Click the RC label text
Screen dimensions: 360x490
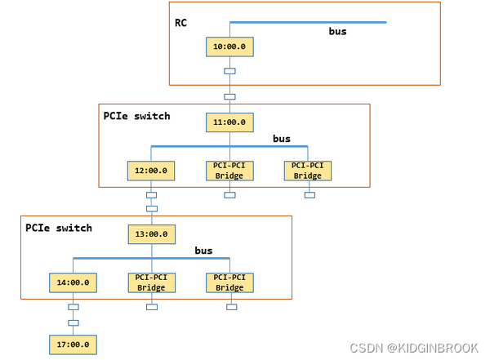[181, 22]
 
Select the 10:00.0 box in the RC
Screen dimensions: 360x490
[229, 47]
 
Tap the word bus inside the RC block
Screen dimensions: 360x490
[337, 32]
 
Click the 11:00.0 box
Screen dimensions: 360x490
[229, 122]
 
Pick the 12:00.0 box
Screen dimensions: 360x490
[151, 171]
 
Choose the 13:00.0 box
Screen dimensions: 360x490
[152, 234]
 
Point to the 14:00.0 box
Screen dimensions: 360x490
[73, 282]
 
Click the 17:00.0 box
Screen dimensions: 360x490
[73, 345]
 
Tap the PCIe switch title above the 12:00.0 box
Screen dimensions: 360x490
[136, 116]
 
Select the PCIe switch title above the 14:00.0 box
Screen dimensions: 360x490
[59, 228]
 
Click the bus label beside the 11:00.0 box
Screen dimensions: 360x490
[282, 139]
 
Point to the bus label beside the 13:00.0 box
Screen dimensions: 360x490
[203, 251]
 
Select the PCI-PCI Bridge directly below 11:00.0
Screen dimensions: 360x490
[229, 171]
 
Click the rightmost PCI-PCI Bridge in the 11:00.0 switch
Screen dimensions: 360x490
[308, 171]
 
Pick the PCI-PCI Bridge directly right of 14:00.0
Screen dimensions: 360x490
[151, 282]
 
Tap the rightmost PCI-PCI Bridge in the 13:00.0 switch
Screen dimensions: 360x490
[229, 282]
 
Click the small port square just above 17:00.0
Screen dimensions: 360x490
[73, 323]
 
